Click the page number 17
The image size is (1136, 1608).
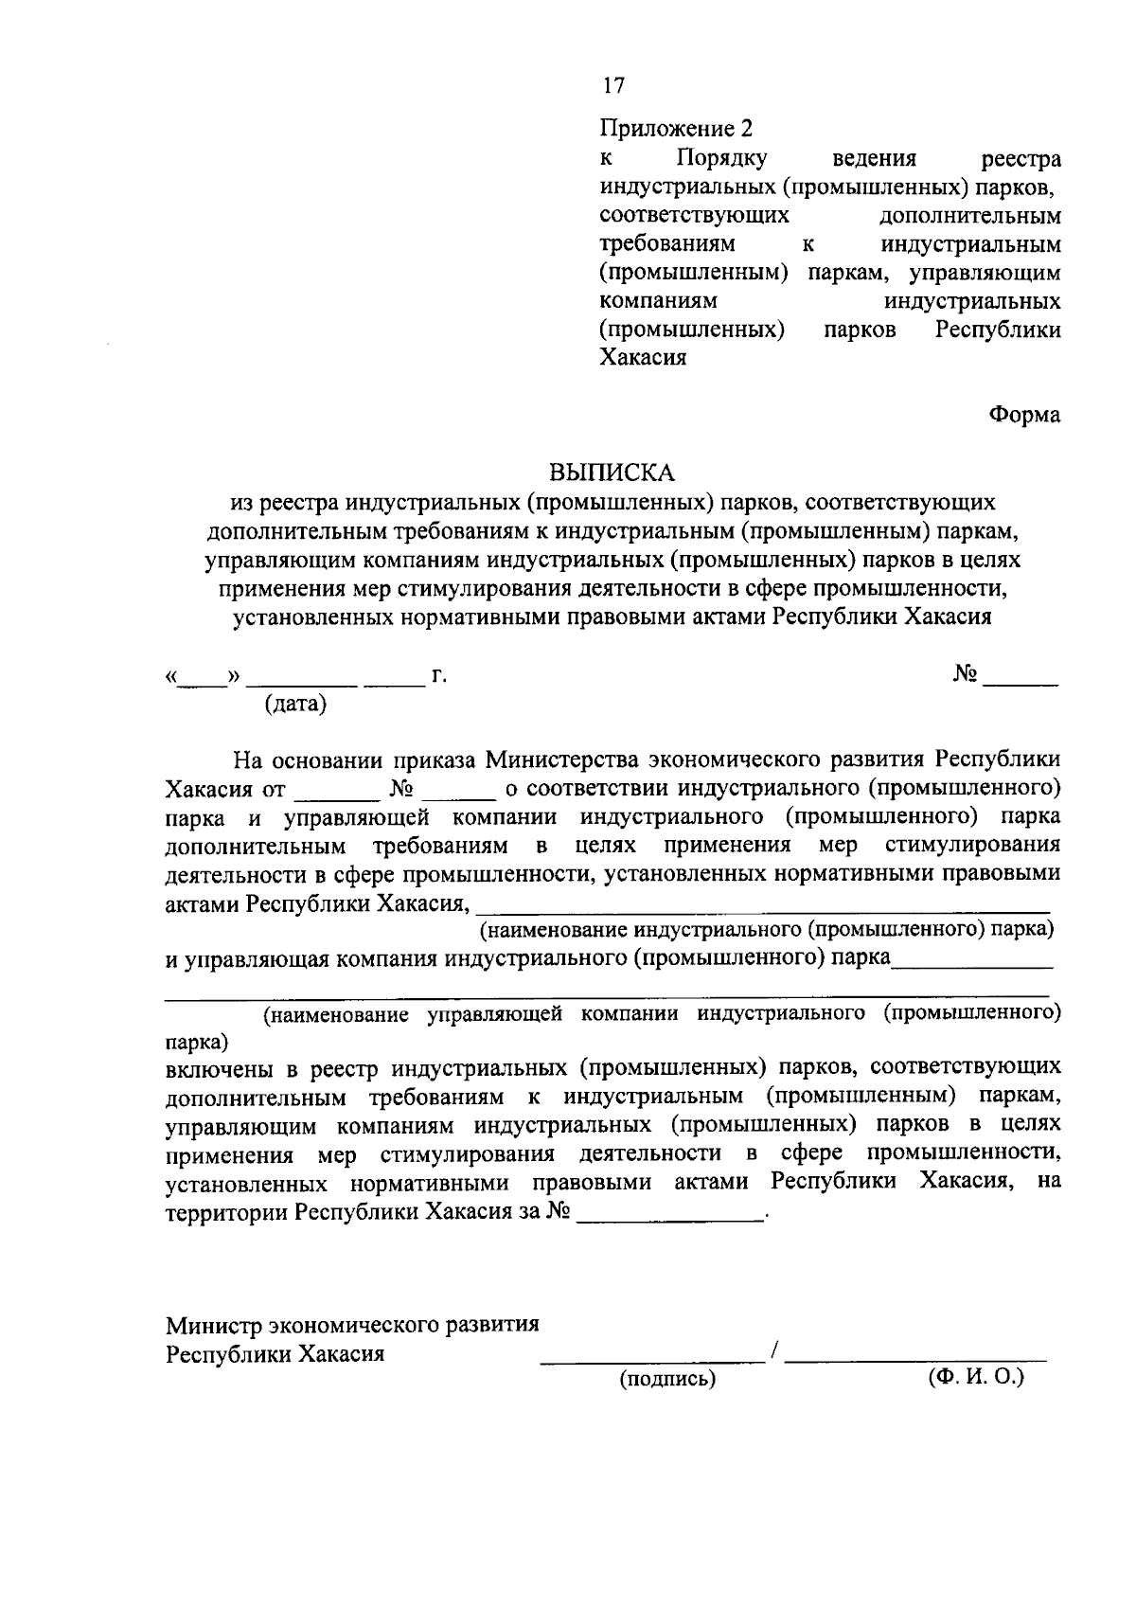[x=613, y=86]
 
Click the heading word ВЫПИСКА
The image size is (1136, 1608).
[x=612, y=472]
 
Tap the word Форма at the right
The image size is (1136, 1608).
[x=1025, y=415]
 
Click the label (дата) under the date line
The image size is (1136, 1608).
[x=295, y=704]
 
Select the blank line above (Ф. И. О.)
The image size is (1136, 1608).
[x=916, y=1360]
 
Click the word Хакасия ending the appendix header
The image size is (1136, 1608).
[x=643, y=358]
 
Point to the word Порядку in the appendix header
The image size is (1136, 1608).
[x=721, y=158]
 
